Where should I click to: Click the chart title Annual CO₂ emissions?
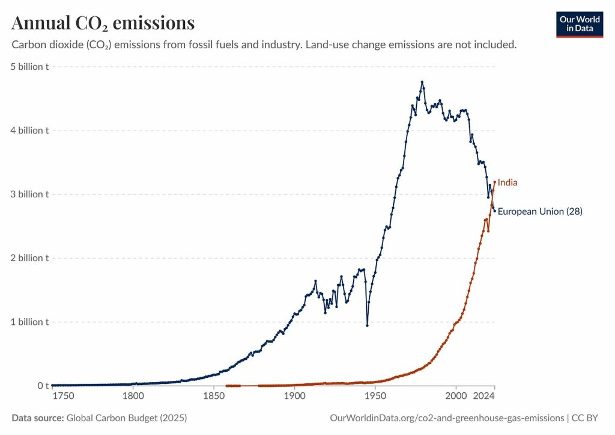point(103,23)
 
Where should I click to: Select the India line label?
point(507,182)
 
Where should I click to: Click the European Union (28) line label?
point(540,211)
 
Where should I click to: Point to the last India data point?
point(495,182)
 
